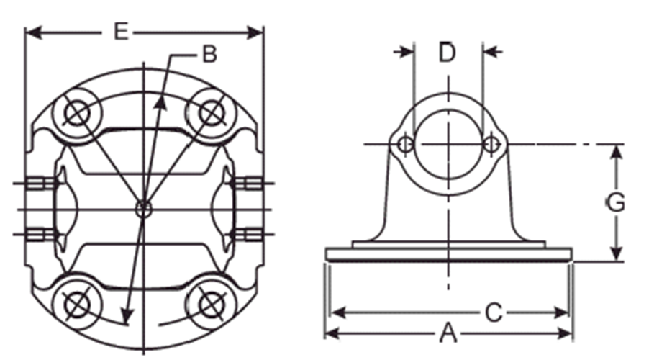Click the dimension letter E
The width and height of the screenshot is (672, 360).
(x=120, y=32)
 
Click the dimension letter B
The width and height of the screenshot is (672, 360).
(x=209, y=54)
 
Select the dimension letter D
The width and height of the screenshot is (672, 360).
(x=448, y=53)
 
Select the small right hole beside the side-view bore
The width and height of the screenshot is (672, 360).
(x=491, y=145)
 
